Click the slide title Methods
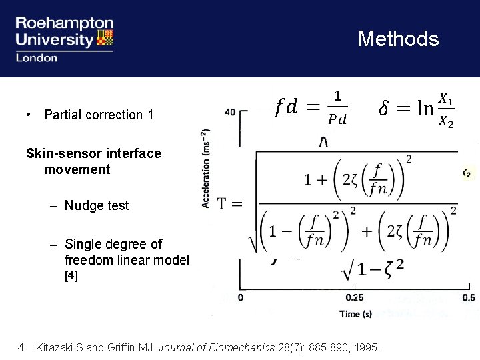pyautogui.click(x=398, y=39)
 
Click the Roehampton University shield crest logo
pyautogui.click(x=104, y=39)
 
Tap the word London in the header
pyautogui.click(x=37, y=57)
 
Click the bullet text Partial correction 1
pyautogui.click(x=99, y=115)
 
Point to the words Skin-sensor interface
pyautogui.click(x=93, y=153)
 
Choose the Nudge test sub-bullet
pyautogui.click(x=97, y=205)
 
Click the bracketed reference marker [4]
pyautogui.click(x=71, y=275)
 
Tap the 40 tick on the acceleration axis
pyautogui.click(x=230, y=111)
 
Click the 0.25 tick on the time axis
pyautogui.click(x=355, y=298)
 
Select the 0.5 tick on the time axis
pyautogui.click(x=469, y=298)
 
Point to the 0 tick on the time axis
pyautogui.click(x=240, y=298)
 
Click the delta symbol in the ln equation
pyautogui.click(x=386, y=108)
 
